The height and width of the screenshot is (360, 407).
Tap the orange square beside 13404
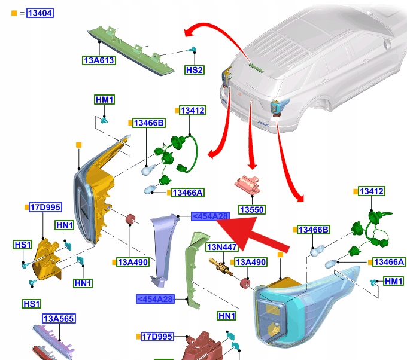click(14, 13)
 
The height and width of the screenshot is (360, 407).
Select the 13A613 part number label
click(99, 60)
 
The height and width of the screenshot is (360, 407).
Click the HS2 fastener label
click(195, 70)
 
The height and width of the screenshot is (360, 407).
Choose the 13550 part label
click(251, 210)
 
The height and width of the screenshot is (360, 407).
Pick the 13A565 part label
click(58, 319)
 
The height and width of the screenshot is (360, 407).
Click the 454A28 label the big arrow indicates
click(209, 216)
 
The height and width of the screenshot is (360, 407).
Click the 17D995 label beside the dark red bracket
click(157, 337)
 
